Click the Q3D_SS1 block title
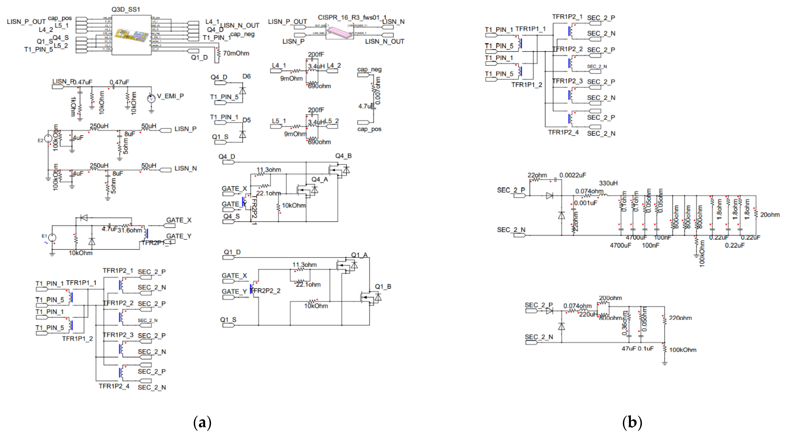tap(126, 9)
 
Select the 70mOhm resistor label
tap(236, 53)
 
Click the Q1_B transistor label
tap(383, 287)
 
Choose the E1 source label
tap(44, 236)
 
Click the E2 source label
tap(40, 141)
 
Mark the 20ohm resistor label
tap(769, 215)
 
